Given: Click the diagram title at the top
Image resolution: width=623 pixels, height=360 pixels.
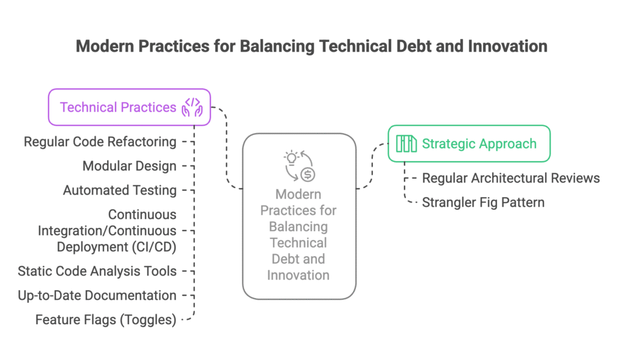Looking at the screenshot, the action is tap(311, 46).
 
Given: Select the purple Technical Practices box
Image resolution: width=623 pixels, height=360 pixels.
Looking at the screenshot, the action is tap(130, 107).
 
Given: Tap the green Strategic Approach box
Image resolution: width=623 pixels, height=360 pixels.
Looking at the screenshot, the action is tap(469, 144).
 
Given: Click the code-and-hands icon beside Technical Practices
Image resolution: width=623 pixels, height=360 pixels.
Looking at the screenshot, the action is tap(192, 107).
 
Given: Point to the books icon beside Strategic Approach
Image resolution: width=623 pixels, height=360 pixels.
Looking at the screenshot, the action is tap(406, 144).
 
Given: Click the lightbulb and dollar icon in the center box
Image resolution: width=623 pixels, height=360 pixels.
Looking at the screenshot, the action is tap(299, 166).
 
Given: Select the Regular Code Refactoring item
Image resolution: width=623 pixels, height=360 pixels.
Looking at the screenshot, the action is tap(100, 142).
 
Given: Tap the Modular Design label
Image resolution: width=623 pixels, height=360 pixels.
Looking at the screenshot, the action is tap(130, 166).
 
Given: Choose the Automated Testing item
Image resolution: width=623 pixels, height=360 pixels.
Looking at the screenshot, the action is tap(120, 190).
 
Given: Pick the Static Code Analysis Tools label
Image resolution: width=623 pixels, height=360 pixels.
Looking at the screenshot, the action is tap(97, 271).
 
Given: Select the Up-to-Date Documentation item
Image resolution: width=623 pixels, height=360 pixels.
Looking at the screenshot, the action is tap(97, 296).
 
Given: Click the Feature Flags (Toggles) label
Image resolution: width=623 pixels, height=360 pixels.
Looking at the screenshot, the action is tap(106, 320).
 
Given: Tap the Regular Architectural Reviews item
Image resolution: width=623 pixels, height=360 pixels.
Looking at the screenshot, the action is tap(511, 178).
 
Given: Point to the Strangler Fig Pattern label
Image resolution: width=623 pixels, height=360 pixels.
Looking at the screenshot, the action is tap(483, 202).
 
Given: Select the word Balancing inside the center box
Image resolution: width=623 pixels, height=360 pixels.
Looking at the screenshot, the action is tap(298, 227).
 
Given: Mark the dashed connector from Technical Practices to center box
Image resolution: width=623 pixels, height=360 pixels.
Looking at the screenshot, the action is tap(226, 148).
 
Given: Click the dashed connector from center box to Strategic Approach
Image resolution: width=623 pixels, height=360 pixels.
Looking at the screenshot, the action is tap(372, 166).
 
